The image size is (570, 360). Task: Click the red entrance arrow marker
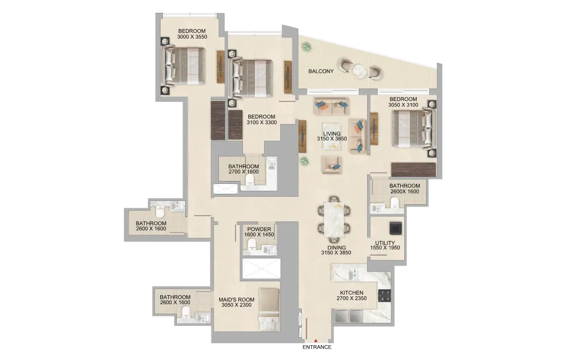coord(316,340)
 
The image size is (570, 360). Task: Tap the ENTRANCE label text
coord(317,347)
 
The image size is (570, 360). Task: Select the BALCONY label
coord(321,71)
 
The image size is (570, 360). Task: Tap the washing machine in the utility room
coord(395,228)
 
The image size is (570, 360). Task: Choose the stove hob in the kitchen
coord(384,296)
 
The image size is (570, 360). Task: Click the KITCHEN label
coord(351,292)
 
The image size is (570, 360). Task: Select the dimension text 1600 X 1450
coord(259,235)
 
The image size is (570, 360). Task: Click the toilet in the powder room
coord(252,248)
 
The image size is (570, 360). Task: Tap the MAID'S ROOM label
coord(237,300)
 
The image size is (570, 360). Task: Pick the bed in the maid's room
coord(269,310)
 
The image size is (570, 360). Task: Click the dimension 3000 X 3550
coord(192,37)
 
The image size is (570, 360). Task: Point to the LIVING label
coord(332,134)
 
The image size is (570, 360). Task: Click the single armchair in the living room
coord(332,165)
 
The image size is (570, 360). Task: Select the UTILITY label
coord(385,243)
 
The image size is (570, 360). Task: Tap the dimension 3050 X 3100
coord(403,105)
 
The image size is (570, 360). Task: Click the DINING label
coord(336,247)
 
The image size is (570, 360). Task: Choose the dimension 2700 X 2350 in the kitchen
coord(351,298)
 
